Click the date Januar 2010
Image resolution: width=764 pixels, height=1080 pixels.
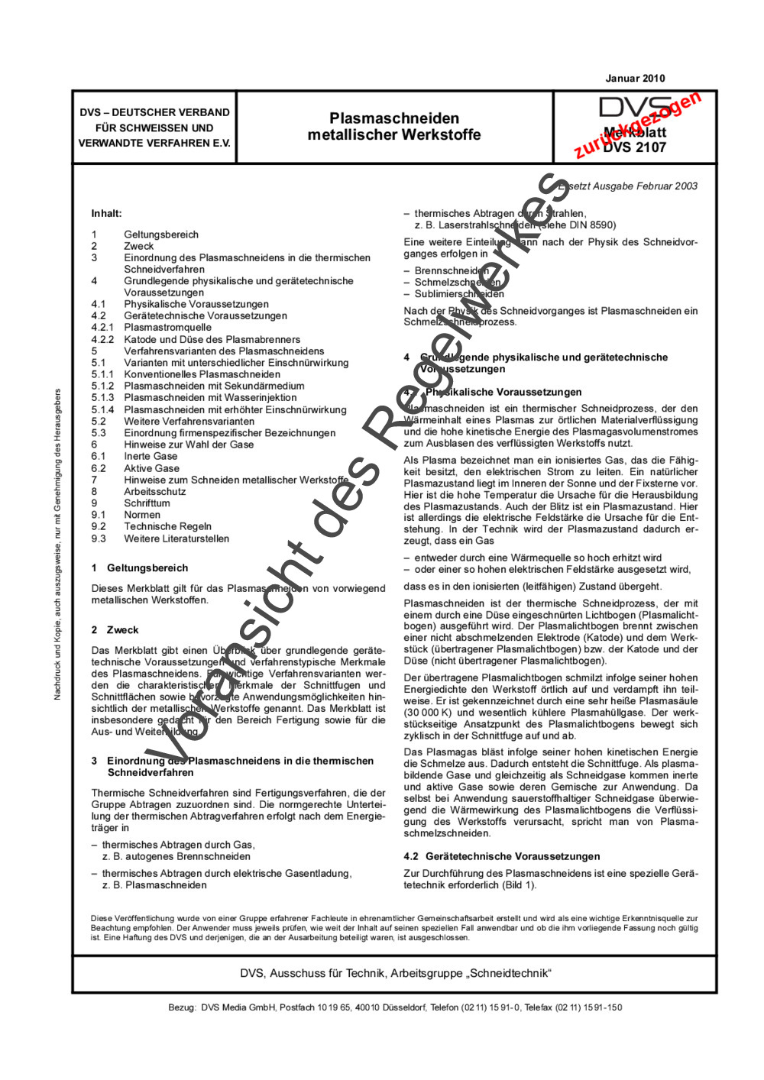635,78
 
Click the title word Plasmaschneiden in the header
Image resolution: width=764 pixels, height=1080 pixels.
394,118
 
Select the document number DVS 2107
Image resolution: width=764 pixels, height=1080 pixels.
634,147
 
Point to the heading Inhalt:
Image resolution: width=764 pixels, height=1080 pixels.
106,213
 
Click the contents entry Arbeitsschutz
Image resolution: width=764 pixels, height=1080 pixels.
154,491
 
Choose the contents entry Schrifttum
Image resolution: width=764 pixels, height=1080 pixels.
147,503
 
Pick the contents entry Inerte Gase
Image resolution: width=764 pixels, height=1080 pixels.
151,456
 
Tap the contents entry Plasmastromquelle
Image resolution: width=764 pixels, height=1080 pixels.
167,327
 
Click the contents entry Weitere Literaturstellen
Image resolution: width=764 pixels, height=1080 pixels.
176,538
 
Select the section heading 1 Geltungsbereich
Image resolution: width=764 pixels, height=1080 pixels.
139,567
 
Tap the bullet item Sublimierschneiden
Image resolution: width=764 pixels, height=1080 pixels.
459,293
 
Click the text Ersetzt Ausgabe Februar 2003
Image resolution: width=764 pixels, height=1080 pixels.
628,186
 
